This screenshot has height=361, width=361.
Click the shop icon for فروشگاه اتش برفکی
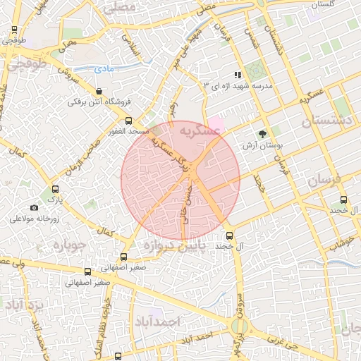[98, 91]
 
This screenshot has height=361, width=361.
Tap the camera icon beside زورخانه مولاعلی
[34, 207]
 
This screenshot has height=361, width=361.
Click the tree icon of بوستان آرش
[262, 133]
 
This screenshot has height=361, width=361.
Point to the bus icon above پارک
[56, 189]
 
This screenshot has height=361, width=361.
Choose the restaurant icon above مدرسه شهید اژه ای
[238, 74]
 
